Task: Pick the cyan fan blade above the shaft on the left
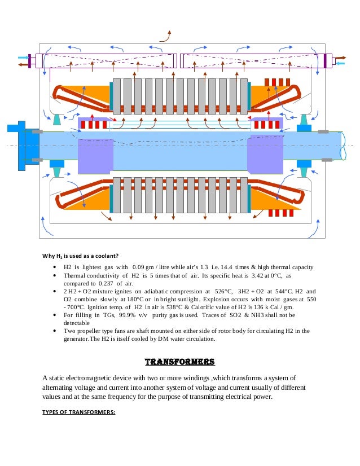pyautogui.click(x=57, y=119)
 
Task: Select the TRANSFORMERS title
pyautogui.click(x=181, y=361)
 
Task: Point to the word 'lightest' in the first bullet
pyautogui.click(x=99, y=267)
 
